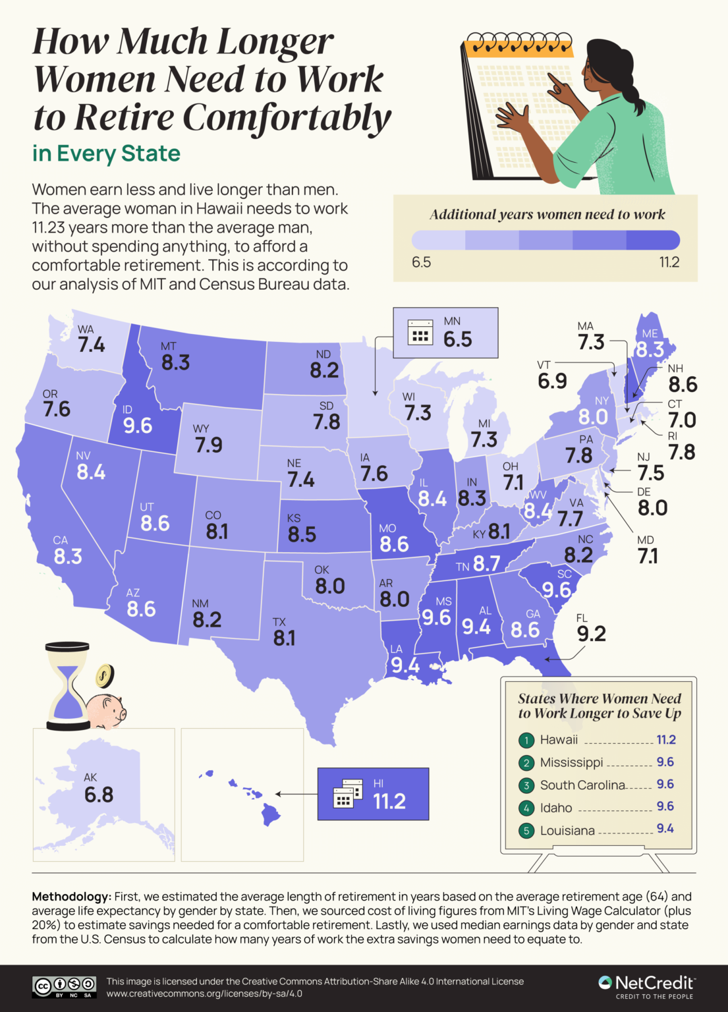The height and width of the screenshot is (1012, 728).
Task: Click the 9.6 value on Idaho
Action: [x=138, y=426]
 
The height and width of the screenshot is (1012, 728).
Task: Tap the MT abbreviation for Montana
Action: [x=169, y=346]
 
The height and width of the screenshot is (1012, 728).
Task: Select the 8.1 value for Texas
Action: [x=284, y=638]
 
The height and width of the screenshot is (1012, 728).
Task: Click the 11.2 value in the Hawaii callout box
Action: [x=389, y=801]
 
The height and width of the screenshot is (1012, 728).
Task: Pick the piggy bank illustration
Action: [x=106, y=710]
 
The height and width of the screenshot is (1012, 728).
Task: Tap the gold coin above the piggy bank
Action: [x=104, y=675]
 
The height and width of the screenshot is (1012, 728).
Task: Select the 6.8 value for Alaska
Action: [x=99, y=795]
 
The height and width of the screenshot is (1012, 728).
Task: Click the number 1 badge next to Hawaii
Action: [x=526, y=741]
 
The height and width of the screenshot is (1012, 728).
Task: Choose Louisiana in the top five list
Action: [x=567, y=830]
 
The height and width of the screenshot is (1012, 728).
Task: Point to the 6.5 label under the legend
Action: [x=421, y=262]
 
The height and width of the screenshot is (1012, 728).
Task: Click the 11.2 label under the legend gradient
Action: [x=669, y=262]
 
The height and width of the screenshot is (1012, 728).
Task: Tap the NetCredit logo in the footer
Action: [x=646, y=986]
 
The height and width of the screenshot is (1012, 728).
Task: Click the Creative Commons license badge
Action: [x=65, y=986]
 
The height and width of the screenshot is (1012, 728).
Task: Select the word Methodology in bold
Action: [x=71, y=897]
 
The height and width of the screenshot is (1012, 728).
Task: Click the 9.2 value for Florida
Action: [x=591, y=634]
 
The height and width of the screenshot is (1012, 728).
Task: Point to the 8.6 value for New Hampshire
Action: [x=683, y=385]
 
